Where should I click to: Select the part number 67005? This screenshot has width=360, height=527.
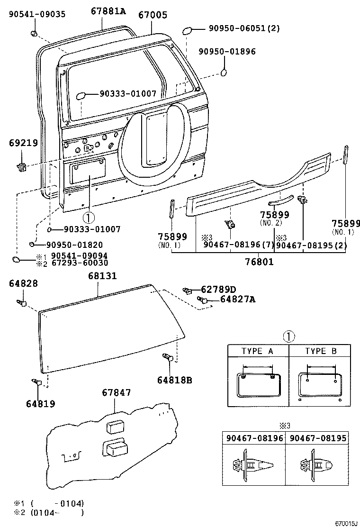153,15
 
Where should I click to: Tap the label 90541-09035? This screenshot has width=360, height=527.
37,14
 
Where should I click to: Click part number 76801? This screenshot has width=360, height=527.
259,261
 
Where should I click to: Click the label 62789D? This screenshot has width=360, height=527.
218,289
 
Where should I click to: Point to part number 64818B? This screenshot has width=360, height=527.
175,380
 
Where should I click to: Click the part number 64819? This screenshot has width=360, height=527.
40,404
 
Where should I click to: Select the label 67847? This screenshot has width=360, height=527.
116,392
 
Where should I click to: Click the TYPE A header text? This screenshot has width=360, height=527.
258,351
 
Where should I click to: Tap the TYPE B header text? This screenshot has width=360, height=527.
320,351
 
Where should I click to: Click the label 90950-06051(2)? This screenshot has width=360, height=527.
244,28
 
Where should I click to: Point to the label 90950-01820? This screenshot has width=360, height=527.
74,245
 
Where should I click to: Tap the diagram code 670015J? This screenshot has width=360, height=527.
345,524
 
